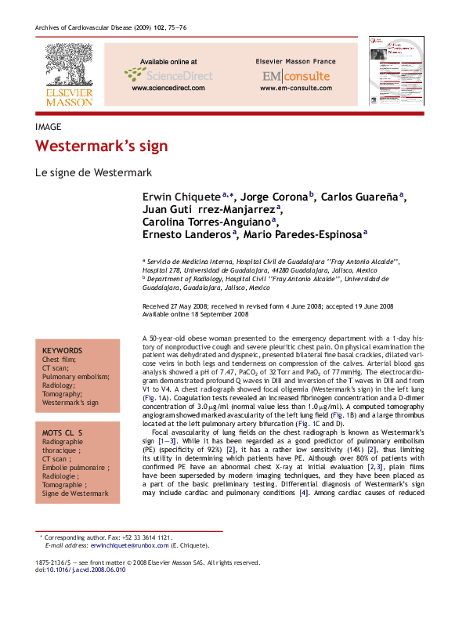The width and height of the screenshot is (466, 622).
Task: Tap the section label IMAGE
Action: click(49, 125)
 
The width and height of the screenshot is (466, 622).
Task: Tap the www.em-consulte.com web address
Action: click(296, 88)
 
